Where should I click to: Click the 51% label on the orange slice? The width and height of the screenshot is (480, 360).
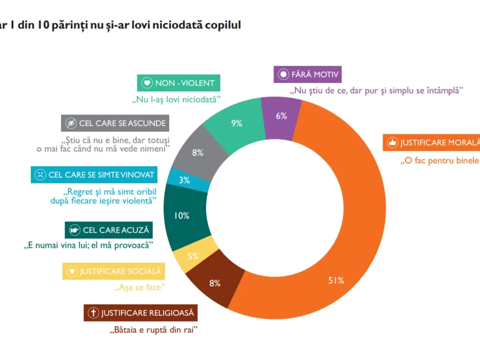[336, 280]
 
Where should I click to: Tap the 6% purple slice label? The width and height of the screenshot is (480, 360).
[281, 116]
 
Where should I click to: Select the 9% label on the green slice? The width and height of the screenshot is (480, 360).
[237, 124]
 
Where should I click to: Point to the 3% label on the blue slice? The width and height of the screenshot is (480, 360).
[184, 180]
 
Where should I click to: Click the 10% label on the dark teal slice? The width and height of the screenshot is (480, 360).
[182, 216]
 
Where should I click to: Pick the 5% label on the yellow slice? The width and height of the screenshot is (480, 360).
[193, 256]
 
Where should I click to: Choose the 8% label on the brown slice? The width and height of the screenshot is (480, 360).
[215, 283]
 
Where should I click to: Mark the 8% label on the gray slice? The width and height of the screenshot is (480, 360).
[198, 152]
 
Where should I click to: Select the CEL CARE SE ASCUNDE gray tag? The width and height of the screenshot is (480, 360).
[115, 123]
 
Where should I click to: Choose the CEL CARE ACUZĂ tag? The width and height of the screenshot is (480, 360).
[109, 230]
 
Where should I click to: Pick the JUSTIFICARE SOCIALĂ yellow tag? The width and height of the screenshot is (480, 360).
[114, 272]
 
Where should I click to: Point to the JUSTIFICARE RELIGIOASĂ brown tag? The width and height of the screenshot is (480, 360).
[140, 313]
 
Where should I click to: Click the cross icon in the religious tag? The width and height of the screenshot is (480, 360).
[93, 313]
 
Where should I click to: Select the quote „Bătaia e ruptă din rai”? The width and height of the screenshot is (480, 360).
[154, 330]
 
